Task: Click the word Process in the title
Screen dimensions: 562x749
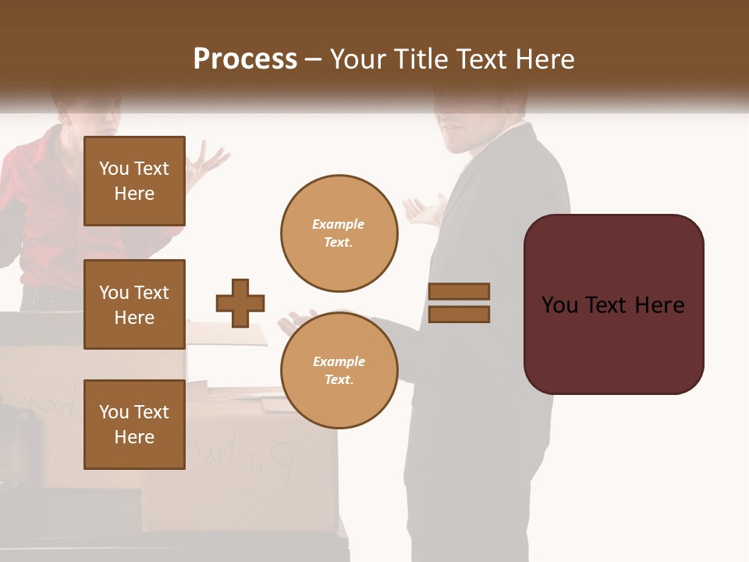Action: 245,59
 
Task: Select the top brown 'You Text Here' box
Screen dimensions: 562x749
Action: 134,181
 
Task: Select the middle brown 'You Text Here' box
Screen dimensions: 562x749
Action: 134,304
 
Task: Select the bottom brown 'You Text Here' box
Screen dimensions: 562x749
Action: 134,425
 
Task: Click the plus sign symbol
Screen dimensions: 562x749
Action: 240,303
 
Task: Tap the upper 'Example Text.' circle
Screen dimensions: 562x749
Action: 339,233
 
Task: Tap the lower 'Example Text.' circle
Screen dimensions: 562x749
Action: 339,370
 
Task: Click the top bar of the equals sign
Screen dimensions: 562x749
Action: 459,291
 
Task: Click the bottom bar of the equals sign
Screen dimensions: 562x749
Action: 459,314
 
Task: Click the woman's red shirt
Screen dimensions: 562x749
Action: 47,203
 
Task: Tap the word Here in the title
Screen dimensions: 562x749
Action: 545,59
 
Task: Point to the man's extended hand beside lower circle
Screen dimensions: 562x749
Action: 292,322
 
